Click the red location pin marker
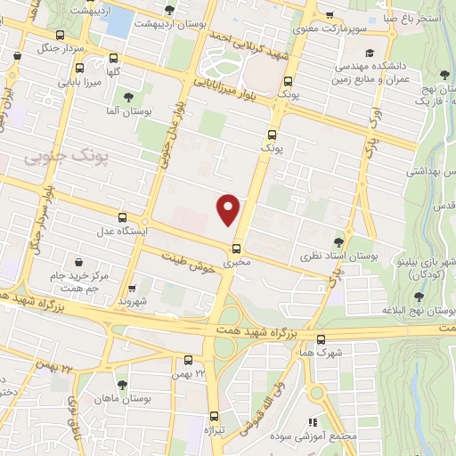pyautogui.click(x=229, y=208)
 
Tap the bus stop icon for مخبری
pyautogui.click(x=237, y=249)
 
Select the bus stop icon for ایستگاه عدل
pyautogui.click(x=122, y=217)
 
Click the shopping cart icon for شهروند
pyautogui.click(x=132, y=289)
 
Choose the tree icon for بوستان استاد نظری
pyautogui.click(x=338, y=240)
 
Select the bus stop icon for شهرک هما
pyautogui.click(x=322, y=338)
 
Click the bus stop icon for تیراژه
pyautogui.click(x=214, y=416)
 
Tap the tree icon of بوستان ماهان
pyautogui.click(x=122, y=385)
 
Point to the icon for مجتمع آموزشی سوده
pyautogui.click(x=312, y=423)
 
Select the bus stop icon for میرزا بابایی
pyautogui.click(x=81, y=69)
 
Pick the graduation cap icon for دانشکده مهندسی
pyautogui.click(x=369, y=53)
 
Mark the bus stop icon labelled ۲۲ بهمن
pyautogui.click(x=188, y=361)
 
